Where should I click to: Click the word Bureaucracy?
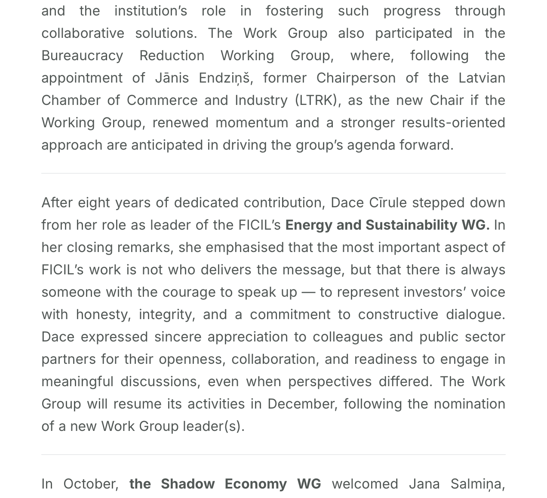point(82,55)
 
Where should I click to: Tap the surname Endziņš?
point(224,78)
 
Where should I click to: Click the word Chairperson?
point(356,78)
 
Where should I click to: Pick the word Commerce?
point(162,100)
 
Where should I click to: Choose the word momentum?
point(252,123)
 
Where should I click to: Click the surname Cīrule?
point(388,203)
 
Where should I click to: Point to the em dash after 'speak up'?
point(308,292)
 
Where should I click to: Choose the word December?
point(301,404)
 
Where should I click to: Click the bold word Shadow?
point(187,484)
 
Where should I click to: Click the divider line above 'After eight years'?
point(273,173)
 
